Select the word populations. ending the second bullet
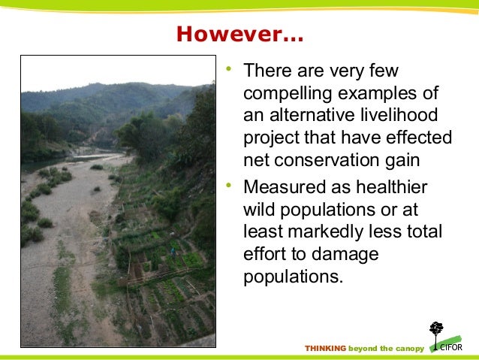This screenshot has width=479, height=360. tap(293, 276)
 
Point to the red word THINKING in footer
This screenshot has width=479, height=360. tap(325, 348)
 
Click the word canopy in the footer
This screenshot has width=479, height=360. tap(407, 348)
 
